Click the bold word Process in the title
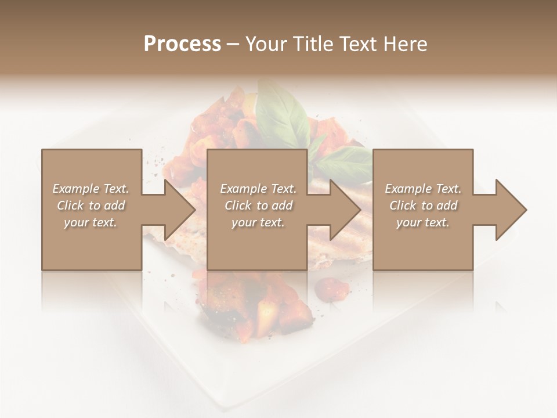pyautogui.click(x=182, y=44)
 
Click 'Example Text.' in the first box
pyautogui.click(x=91, y=189)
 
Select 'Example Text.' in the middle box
pyautogui.click(x=258, y=189)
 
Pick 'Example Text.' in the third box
pyautogui.click(x=423, y=189)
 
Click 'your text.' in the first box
pyautogui.click(x=91, y=222)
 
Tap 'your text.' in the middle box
pyautogui.click(x=258, y=222)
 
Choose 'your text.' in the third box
pyautogui.click(x=422, y=222)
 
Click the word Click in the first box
pyautogui.click(x=71, y=206)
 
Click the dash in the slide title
pyautogui.click(x=233, y=44)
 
